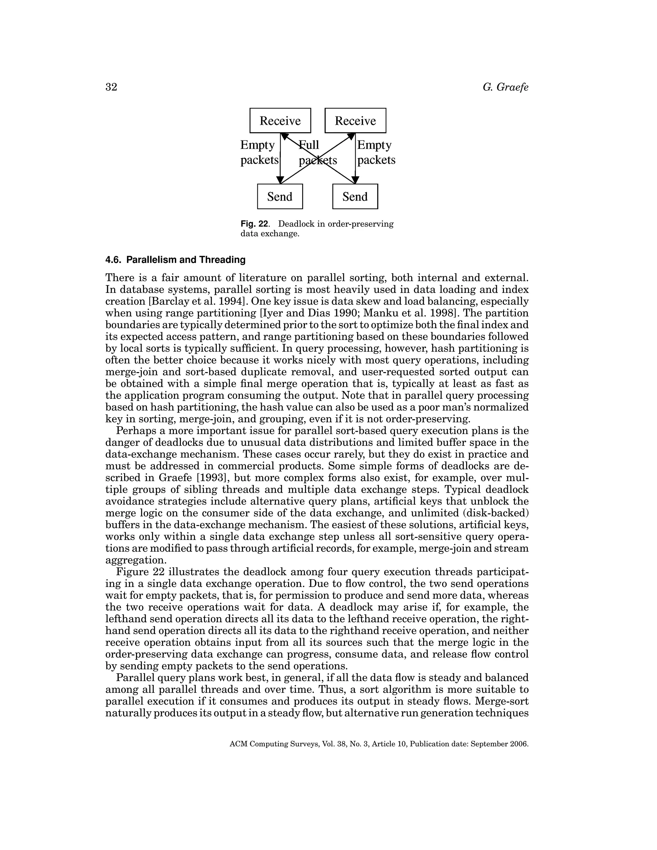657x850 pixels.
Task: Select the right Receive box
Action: pyautogui.click(x=355, y=121)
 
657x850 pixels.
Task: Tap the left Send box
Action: pyautogui.click(x=280, y=197)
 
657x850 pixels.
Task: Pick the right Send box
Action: pyautogui.click(x=355, y=197)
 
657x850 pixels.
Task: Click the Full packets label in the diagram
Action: pyautogui.click(x=317, y=153)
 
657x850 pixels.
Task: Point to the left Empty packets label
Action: pyautogui.click(x=259, y=153)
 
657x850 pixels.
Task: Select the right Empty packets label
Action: pyautogui.click(x=376, y=153)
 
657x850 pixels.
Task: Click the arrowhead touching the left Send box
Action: pyautogui.click(x=280, y=180)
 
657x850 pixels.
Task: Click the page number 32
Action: pyautogui.click(x=111, y=87)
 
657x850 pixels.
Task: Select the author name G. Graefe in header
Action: pyautogui.click(x=505, y=87)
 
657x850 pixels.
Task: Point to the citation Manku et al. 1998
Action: pyautogui.click(x=418, y=313)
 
